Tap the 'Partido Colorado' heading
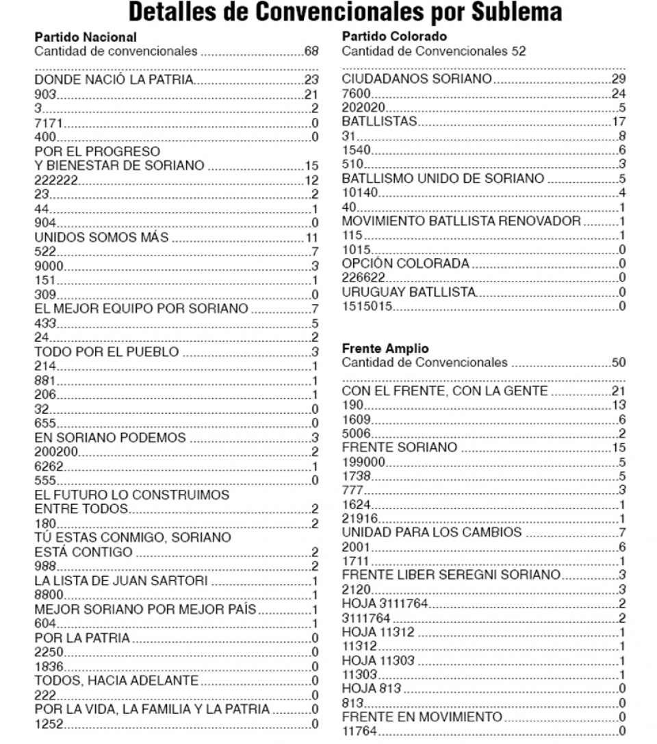click(x=386, y=37)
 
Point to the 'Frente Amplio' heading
click(x=377, y=349)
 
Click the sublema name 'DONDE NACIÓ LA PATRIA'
click(x=114, y=81)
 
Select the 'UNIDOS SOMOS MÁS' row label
click(x=102, y=238)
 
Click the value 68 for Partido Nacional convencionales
click(x=312, y=51)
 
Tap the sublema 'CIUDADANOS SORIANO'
click(x=416, y=79)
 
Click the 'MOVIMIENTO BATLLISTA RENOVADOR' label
click(x=461, y=221)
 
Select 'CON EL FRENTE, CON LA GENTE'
click(x=445, y=391)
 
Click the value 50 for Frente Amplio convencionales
click(x=618, y=362)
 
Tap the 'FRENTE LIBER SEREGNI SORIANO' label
click(x=450, y=574)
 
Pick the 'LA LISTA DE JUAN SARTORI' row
click(x=121, y=582)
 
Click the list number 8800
click(x=48, y=595)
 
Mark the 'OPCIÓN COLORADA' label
click(x=405, y=264)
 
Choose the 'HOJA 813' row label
click(x=371, y=688)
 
